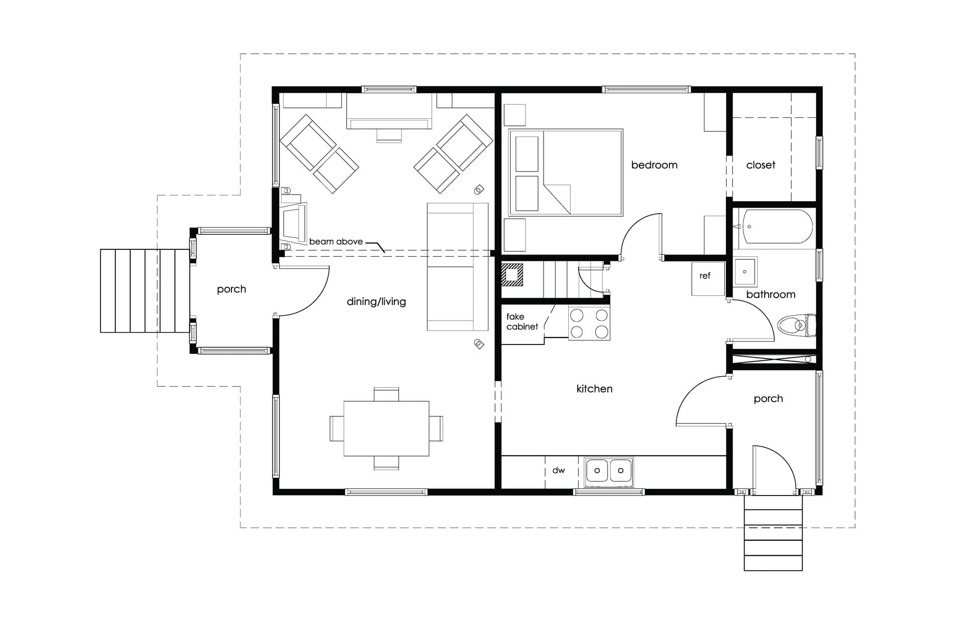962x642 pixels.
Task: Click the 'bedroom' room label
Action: pos(654,165)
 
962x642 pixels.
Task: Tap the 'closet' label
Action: pos(761,165)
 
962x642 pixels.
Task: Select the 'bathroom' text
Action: pos(771,294)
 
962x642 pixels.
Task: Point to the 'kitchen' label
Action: pos(594,389)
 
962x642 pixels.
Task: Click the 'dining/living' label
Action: pos(376,301)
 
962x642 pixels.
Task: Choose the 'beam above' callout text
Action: pos(336,241)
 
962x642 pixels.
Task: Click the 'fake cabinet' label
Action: pos(522,322)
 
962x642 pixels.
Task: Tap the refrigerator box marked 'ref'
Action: pos(708,279)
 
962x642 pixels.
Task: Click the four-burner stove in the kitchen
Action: pos(589,323)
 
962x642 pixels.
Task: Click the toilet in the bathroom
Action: pos(797,326)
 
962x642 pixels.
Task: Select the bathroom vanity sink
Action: pos(745,272)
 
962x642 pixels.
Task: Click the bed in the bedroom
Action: pos(566,173)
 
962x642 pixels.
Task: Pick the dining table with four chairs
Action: pos(386,428)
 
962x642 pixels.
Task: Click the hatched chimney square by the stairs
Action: pos(513,275)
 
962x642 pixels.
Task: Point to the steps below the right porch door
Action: pos(773,533)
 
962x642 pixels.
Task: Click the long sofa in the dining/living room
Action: pos(457,266)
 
